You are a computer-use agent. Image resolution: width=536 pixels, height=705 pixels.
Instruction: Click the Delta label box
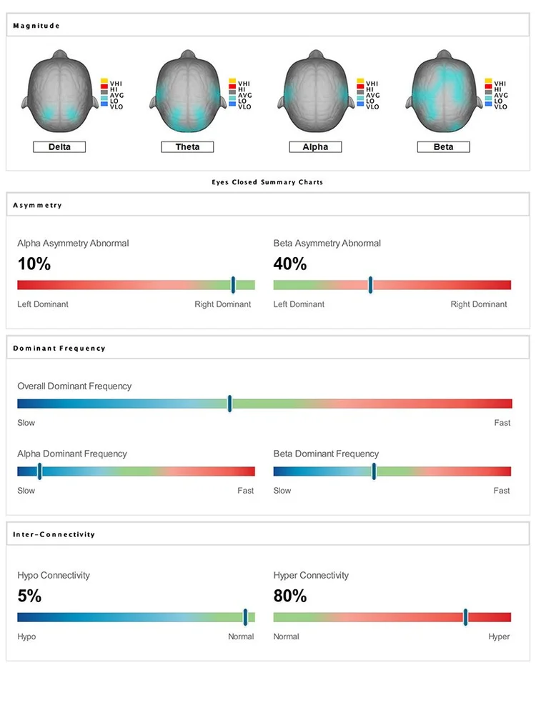pyautogui.click(x=59, y=147)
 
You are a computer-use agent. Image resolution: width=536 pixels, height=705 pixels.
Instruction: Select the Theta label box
pyautogui.click(x=187, y=147)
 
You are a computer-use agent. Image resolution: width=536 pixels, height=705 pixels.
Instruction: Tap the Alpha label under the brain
pyautogui.click(x=315, y=147)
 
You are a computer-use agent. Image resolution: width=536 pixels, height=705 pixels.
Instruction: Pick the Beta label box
pyautogui.click(x=443, y=147)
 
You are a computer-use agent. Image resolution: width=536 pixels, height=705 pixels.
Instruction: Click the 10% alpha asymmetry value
pyautogui.click(x=34, y=264)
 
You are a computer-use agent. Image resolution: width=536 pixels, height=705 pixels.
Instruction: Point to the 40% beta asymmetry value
pyautogui.click(x=290, y=264)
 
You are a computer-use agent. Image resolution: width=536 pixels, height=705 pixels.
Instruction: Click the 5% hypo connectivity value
pyautogui.click(x=29, y=596)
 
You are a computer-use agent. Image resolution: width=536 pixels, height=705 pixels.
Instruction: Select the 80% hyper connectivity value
pyautogui.click(x=290, y=596)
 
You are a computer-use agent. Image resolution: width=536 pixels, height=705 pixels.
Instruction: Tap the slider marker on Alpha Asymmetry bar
pyautogui.click(x=233, y=285)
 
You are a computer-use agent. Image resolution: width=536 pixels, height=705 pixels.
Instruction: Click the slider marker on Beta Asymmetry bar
pyautogui.click(x=370, y=285)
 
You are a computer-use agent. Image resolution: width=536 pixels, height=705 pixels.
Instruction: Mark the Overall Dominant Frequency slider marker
pyautogui.click(x=229, y=404)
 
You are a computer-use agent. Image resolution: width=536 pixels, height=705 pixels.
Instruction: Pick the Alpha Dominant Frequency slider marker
pyautogui.click(x=39, y=471)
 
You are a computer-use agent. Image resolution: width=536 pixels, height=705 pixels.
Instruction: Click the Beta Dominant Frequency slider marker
pyautogui.click(x=374, y=471)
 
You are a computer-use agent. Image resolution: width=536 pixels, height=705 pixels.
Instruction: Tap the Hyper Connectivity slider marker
pyautogui.click(x=465, y=617)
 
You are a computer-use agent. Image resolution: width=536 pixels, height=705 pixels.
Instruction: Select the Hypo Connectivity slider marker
pyautogui.click(x=245, y=617)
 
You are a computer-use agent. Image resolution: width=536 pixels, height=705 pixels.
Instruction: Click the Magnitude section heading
pyautogui.click(x=36, y=26)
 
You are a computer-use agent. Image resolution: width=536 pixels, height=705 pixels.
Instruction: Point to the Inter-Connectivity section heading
pyautogui.click(x=54, y=534)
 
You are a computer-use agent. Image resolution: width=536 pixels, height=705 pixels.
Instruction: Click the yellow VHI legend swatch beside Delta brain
pyautogui.click(x=104, y=81)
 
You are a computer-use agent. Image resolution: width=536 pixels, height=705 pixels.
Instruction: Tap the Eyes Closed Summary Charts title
pyautogui.click(x=267, y=182)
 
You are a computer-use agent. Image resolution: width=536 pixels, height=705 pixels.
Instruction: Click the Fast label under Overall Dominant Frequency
pyautogui.click(x=502, y=423)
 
